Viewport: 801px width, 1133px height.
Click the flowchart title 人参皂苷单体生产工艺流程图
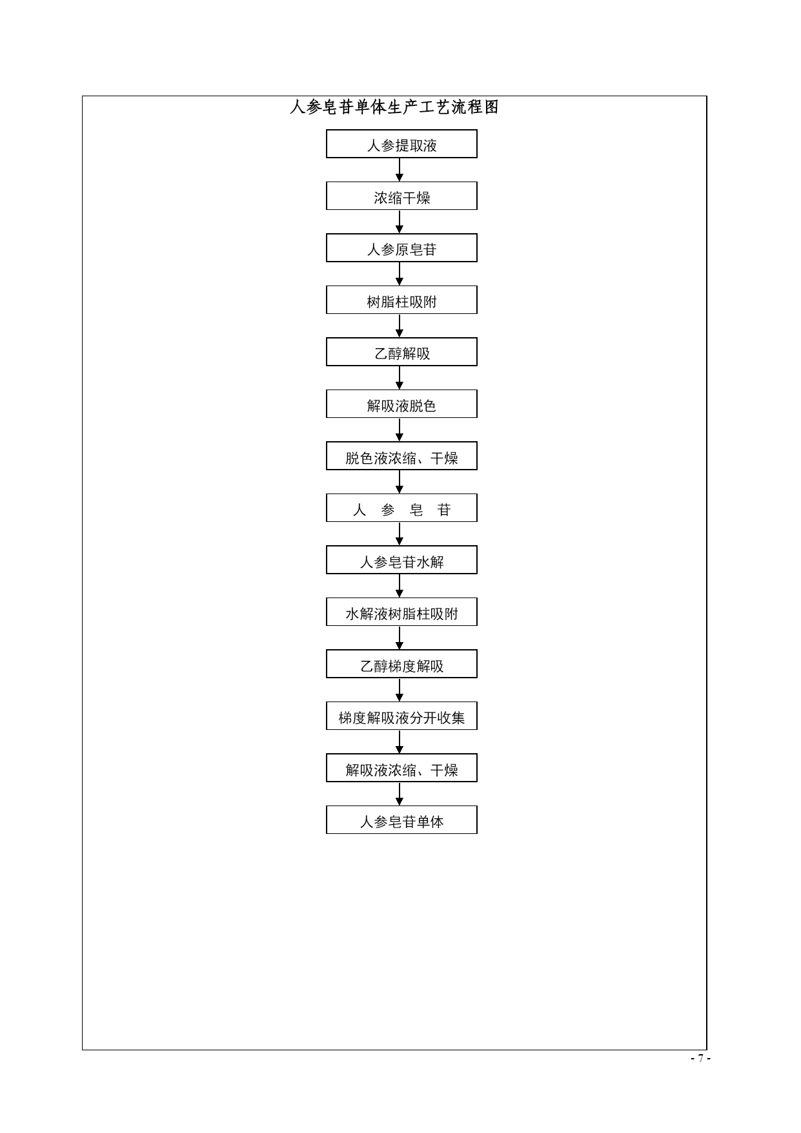pyautogui.click(x=394, y=107)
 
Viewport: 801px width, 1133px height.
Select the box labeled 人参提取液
pyautogui.click(x=401, y=144)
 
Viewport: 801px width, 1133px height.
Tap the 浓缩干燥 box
pyautogui.click(x=401, y=196)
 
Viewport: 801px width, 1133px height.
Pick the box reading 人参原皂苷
pyautogui.click(x=401, y=248)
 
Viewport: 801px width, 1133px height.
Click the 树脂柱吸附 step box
pyautogui.click(x=401, y=300)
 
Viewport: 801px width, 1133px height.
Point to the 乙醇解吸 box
pyautogui.click(x=401, y=352)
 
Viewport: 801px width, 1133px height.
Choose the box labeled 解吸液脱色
pyautogui.click(x=401, y=404)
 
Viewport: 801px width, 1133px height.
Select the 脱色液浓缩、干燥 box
pyautogui.click(x=401, y=456)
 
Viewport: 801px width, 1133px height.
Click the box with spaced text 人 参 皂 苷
pyautogui.click(x=401, y=508)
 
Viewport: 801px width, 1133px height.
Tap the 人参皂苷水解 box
pyautogui.click(x=401, y=560)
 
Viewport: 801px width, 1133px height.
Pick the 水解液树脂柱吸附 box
pyautogui.click(x=401, y=612)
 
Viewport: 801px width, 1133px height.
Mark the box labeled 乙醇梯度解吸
pyautogui.click(x=401, y=664)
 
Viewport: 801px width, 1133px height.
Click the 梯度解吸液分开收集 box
pyautogui.click(x=401, y=716)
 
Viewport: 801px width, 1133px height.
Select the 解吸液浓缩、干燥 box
pyautogui.click(x=401, y=768)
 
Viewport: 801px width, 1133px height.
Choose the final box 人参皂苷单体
pyautogui.click(x=401, y=820)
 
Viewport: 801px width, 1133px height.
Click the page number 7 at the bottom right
pyautogui.click(x=700, y=1059)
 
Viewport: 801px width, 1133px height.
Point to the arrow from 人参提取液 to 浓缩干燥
pyautogui.click(x=400, y=170)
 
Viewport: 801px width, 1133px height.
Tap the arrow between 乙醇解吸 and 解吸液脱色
pyautogui.click(x=400, y=378)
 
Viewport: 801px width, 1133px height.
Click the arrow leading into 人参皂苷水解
pyautogui.click(x=400, y=534)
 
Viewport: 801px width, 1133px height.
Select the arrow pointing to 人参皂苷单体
pyautogui.click(x=400, y=794)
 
